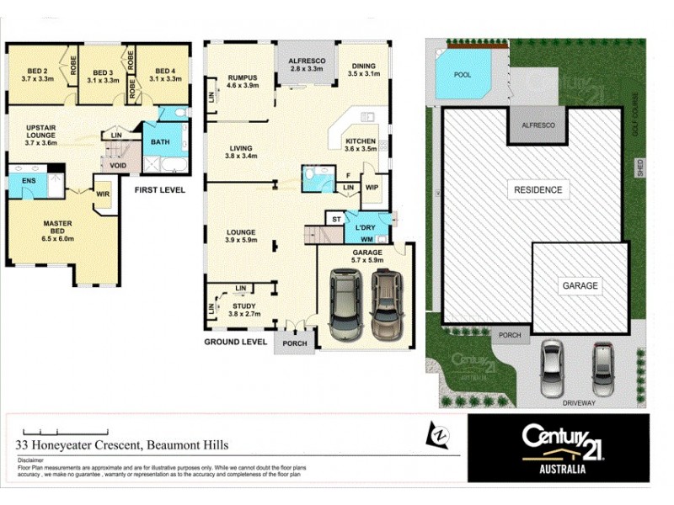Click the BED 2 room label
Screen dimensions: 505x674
[x=36, y=71]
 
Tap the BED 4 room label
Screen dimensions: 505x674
[x=163, y=71]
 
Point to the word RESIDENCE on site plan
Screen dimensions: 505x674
[x=538, y=190]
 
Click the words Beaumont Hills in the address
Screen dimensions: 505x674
[x=186, y=444]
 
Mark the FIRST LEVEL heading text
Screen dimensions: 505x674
[x=160, y=190]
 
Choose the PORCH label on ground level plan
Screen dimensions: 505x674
[x=295, y=342]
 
